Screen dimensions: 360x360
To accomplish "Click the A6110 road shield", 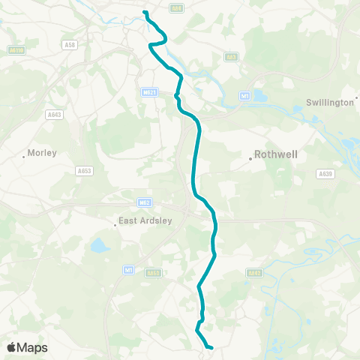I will click(16, 49).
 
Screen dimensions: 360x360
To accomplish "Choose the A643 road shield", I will click(54, 115).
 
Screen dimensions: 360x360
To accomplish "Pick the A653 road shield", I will click(84, 171).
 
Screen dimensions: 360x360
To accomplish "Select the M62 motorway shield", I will click(145, 202).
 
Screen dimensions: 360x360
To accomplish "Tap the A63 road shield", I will click(232, 56).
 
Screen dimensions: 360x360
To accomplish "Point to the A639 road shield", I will click(324, 173).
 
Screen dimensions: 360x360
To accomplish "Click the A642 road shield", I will click(254, 273).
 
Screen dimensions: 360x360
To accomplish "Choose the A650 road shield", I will click(153, 273).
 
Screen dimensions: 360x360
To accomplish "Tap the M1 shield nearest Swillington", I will click(244, 96).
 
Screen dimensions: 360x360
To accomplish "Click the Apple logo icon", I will click(13, 347).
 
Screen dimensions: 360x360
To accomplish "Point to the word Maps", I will click(33, 347).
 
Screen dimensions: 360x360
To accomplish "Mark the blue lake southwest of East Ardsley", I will click(99, 244).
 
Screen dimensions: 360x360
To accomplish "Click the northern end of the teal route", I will click(145, 12).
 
